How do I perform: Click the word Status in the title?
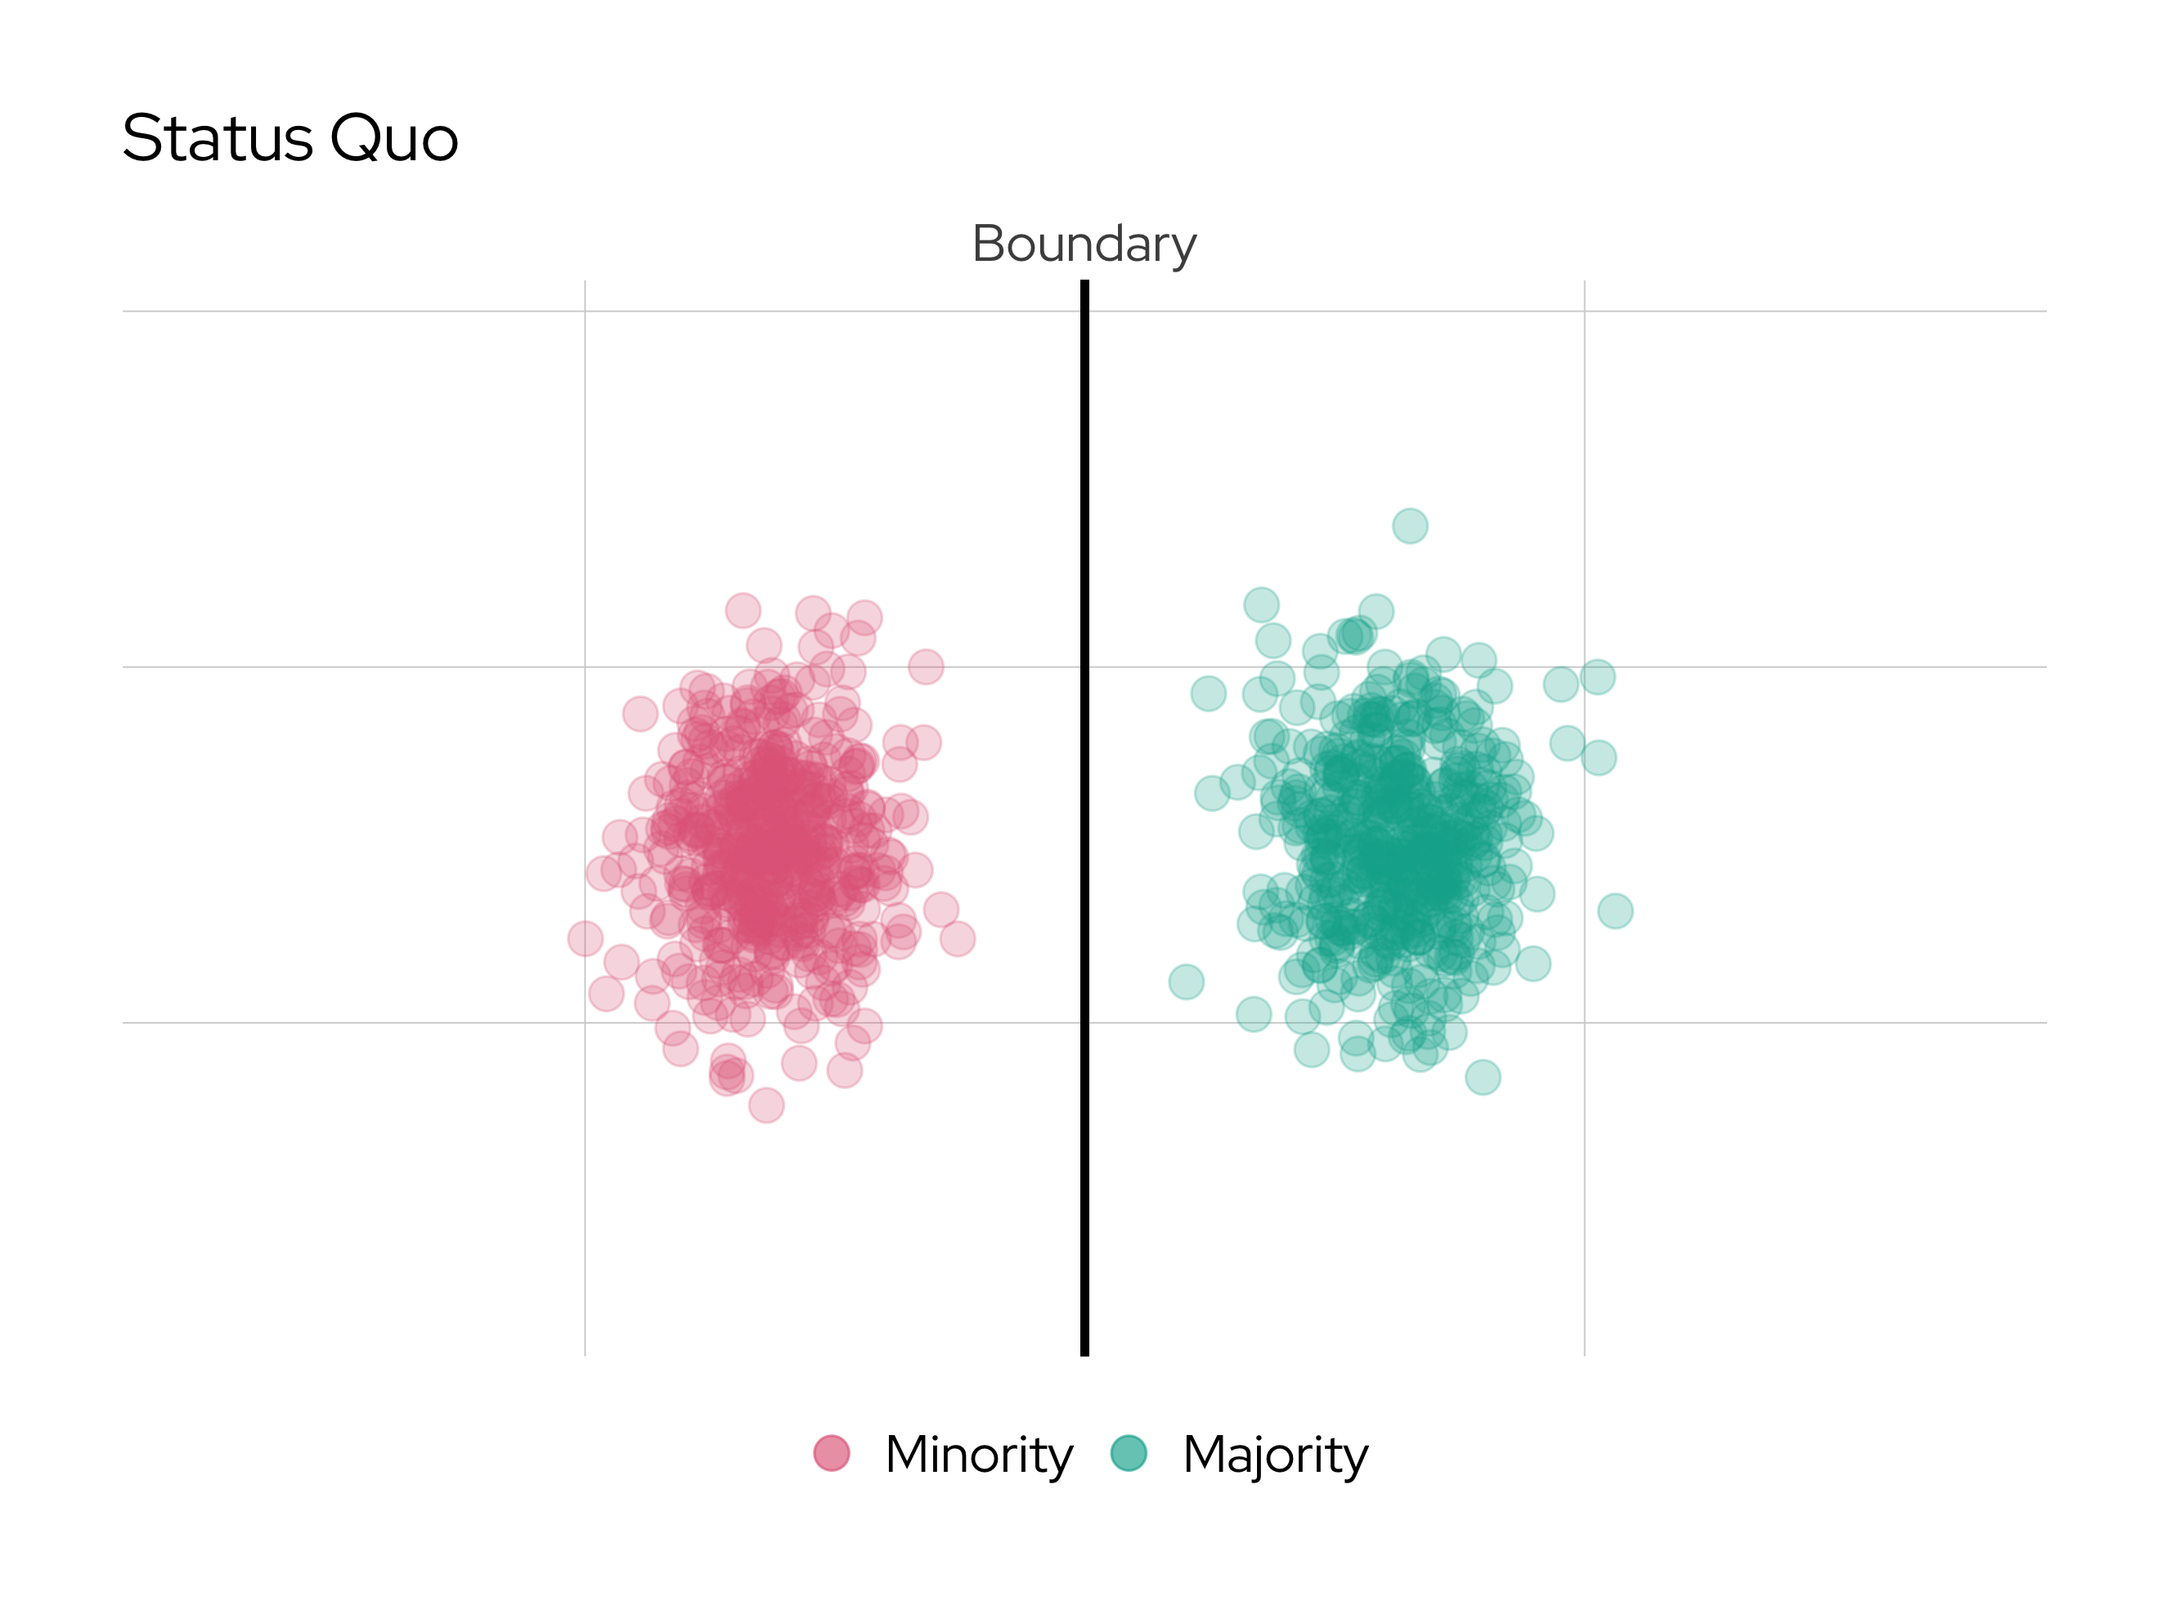pyautogui.click(x=217, y=138)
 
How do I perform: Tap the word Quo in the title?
pyautogui.click(x=394, y=138)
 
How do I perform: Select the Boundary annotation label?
pyautogui.click(x=1084, y=244)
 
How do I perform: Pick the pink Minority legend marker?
pyautogui.click(x=832, y=1453)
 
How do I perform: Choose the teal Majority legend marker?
pyautogui.click(x=1129, y=1453)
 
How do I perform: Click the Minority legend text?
pyautogui.click(x=979, y=1455)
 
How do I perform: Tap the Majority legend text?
pyautogui.click(x=1276, y=1455)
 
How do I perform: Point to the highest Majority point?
pyautogui.click(x=1409, y=526)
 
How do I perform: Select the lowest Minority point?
pyautogui.click(x=766, y=1105)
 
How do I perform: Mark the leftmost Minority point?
pyautogui.click(x=585, y=939)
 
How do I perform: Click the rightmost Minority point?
pyautogui.click(x=958, y=939)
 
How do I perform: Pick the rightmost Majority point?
pyautogui.click(x=1615, y=911)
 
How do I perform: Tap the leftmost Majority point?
pyautogui.click(x=1186, y=982)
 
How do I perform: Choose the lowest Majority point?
pyautogui.click(x=1483, y=1078)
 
